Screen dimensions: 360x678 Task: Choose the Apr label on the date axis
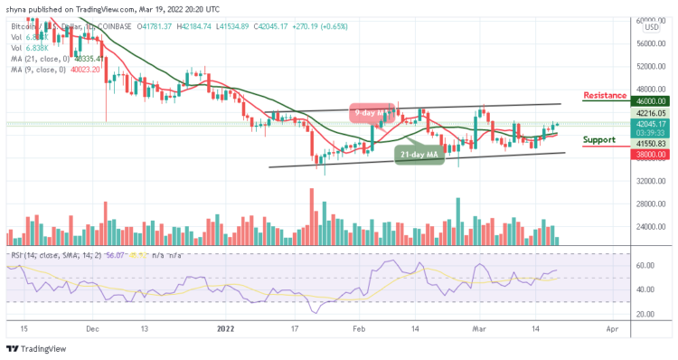click(x=613, y=331)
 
